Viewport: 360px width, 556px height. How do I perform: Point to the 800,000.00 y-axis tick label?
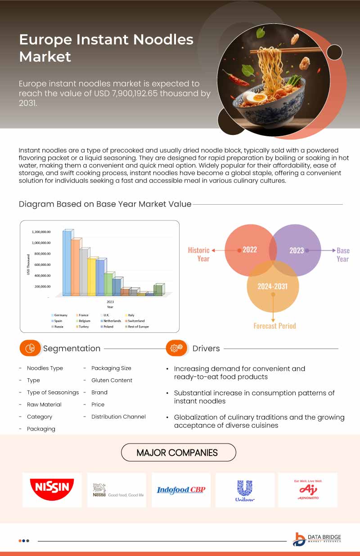(41, 254)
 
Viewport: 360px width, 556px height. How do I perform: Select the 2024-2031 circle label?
(272, 286)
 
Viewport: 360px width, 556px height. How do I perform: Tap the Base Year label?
(342, 255)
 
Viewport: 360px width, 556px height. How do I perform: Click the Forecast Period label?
(274, 326)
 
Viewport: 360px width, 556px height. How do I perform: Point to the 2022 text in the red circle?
(249, 250)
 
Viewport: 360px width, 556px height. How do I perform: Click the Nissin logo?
(52, 489)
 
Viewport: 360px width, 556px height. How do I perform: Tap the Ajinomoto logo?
(308, 489)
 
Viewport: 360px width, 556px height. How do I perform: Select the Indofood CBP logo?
(181, 490)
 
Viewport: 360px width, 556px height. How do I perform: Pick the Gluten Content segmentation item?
(112, 380)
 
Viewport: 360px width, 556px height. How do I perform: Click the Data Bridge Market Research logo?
(317, 539)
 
